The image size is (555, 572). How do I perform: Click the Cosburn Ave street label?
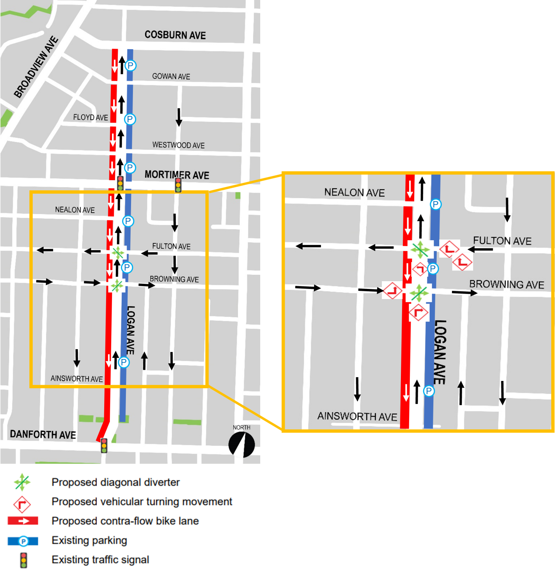tap(175, 35)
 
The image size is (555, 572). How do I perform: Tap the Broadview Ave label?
tap(36, 67)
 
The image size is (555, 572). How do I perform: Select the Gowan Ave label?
tap(171, 76)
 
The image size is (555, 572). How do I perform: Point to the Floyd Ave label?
tap(90, 117)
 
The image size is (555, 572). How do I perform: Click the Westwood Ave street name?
tap(178, 145)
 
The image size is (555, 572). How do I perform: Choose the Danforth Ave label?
tap(43, 435)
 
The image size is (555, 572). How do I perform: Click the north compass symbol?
tap(242, 445)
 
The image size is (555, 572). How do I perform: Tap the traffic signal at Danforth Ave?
tap(104, 445)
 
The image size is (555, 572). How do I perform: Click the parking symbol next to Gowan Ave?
tap(130, 66)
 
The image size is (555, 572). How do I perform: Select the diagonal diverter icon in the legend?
tap(22, 482)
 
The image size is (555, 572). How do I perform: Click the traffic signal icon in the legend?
tap(23, 560)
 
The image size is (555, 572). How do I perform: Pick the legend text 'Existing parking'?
tap(89, 540)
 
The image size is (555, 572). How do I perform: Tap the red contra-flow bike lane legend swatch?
tap(23, 521)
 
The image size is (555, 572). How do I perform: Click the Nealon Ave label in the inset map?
tap(354, 193)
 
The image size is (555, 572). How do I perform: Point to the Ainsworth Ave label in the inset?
tap(357, 416)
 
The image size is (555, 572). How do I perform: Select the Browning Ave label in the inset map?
tap(506, 285)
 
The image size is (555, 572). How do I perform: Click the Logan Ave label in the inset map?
tap(440, 352)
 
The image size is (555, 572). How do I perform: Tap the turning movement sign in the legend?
tap(22, 504)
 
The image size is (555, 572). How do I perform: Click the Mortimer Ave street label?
tap(177, 175)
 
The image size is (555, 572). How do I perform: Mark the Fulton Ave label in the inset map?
tap(502, 241)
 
